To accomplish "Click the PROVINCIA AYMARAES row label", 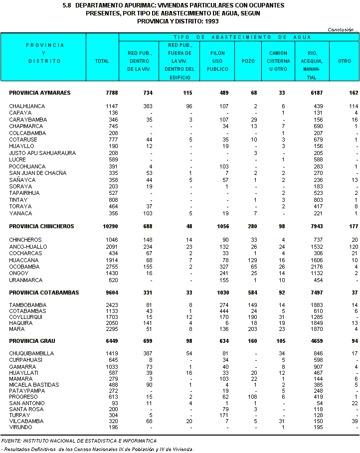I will click(39, 93).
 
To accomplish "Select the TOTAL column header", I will click(102, 61).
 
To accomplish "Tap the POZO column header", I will click(248, 61).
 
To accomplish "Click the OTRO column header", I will click(345, 61).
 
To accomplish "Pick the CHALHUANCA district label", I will click(27, 106).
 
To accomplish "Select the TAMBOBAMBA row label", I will click(28, 305).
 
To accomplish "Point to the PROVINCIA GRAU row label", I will click(32, 341).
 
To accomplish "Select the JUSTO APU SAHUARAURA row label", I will click(39, 153).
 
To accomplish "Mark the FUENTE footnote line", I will click(79, 441).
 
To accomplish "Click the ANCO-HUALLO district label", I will click(28, 247).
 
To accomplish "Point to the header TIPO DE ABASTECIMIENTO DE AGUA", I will click(242, 37).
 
